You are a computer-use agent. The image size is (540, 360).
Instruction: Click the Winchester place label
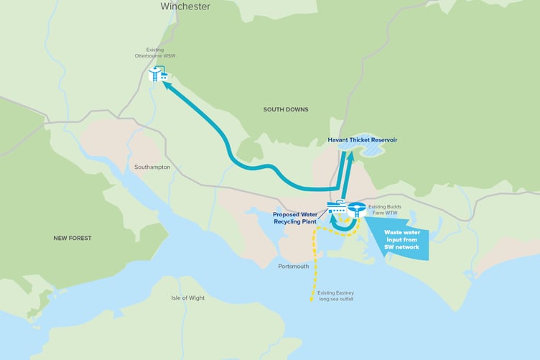click(x=185, y=6)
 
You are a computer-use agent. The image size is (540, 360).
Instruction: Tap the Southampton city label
click(x=152, y=167)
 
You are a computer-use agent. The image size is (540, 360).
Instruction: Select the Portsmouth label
click(x=293, y=266)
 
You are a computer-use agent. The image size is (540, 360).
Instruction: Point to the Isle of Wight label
click(x=188, y=297)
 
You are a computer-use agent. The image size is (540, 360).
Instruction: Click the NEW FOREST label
click(x=73, y=238)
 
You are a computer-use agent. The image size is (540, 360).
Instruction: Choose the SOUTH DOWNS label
click(x=286, y=109)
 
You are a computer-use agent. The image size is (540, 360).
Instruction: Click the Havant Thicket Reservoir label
click(x=363, y=139)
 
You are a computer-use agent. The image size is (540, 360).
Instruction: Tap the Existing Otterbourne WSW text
click(x=155, y=52)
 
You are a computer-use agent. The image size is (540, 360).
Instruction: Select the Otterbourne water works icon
click(x=158, y=73)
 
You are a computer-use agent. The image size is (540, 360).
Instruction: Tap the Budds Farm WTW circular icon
click(x=355, y=210)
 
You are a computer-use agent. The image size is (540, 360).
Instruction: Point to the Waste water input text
click(x=401, y=240)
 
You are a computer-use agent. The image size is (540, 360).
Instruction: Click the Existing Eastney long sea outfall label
click(x=335, y=296)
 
